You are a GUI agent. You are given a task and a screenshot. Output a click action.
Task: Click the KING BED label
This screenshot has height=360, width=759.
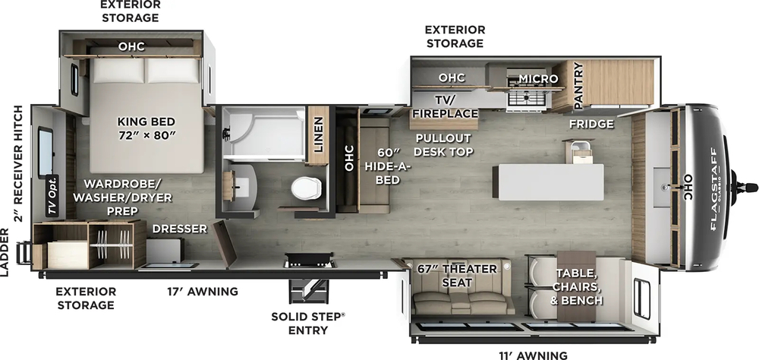(146, 128)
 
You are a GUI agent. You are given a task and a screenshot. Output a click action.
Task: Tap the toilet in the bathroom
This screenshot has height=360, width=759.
(307, 191)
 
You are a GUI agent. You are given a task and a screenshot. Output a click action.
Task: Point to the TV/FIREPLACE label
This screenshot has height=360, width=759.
(444, 106)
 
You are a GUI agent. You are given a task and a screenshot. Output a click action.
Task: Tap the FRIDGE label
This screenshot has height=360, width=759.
(591, 124)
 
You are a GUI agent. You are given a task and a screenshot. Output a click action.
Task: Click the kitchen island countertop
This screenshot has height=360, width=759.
(548, 182)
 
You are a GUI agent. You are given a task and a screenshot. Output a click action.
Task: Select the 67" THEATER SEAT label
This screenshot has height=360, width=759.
(457, 276)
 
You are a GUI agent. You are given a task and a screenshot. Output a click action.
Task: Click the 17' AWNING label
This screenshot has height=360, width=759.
(203, 291)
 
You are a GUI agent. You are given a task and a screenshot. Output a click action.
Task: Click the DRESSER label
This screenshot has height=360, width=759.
(180, 228)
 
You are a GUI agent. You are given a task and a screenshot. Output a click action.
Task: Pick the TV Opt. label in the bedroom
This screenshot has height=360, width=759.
(53, 196)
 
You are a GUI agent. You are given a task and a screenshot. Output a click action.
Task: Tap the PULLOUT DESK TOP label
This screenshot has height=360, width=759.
(443, 144)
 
